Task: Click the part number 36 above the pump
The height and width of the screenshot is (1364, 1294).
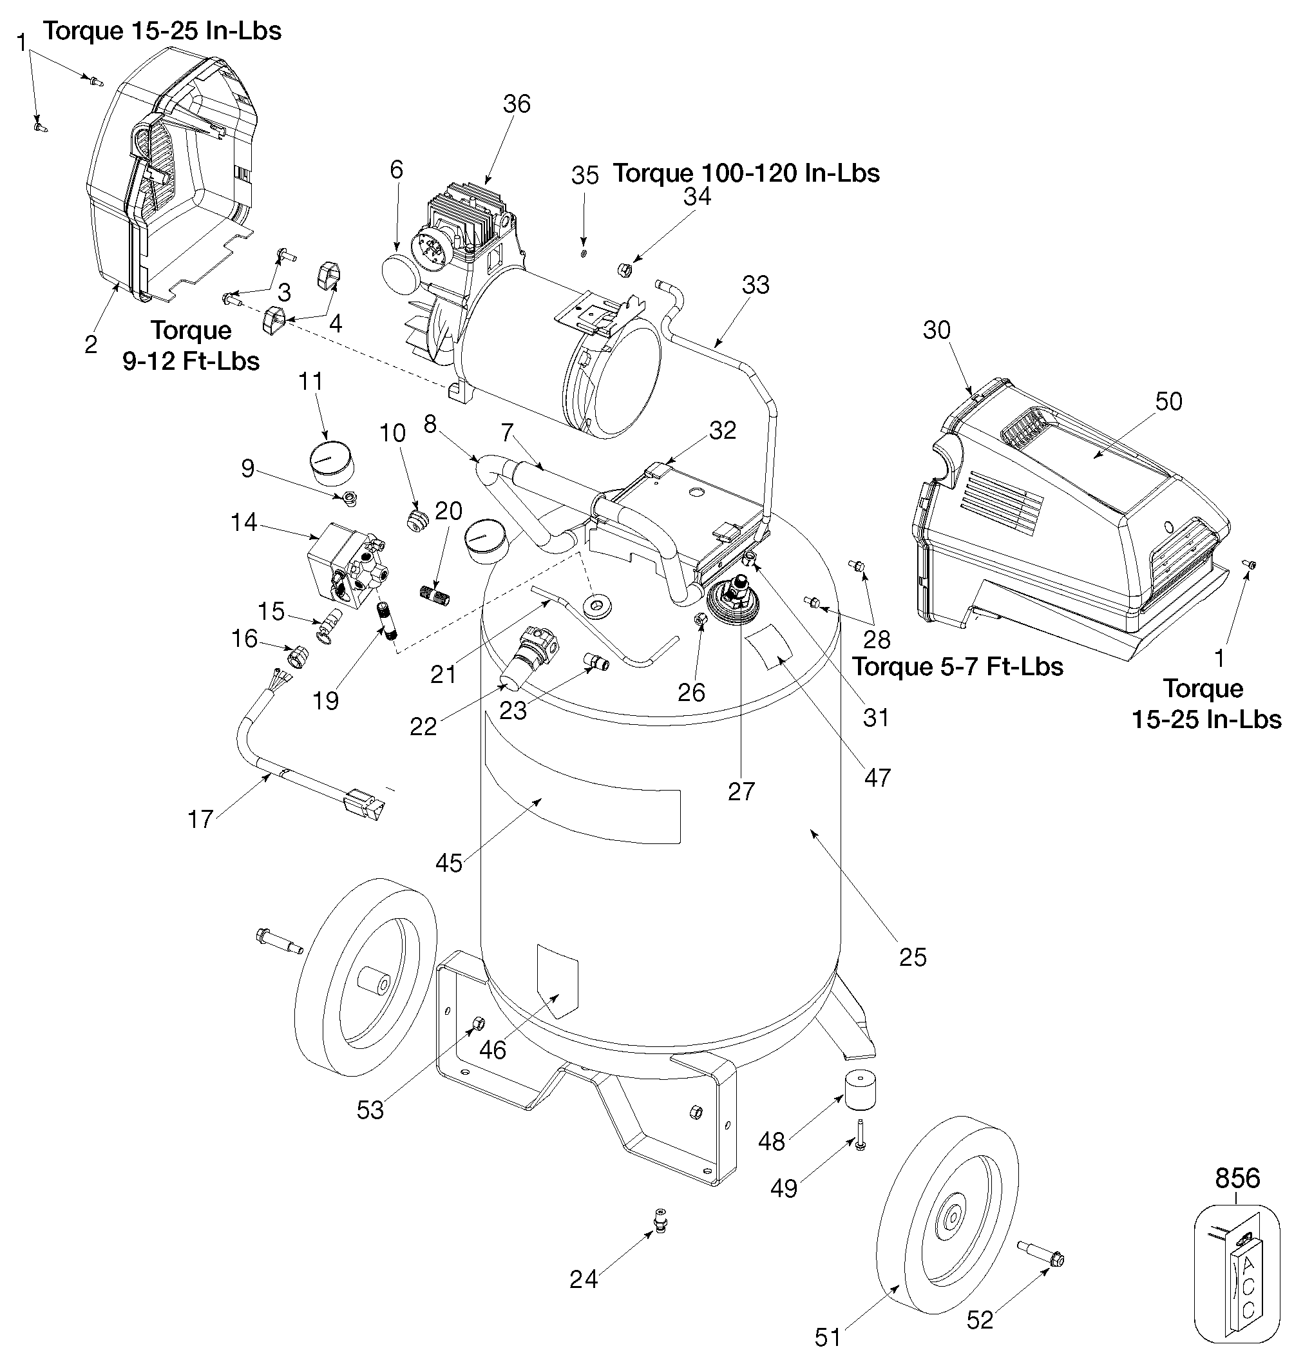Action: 517,104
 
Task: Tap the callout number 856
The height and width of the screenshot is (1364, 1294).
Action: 1237,1178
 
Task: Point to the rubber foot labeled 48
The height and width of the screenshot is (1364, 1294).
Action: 860,1091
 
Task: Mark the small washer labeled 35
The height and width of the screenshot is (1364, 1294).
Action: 584,253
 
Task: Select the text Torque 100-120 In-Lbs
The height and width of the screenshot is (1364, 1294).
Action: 747,173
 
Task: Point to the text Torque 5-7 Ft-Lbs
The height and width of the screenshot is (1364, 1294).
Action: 957,666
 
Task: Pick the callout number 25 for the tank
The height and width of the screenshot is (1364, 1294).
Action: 913,957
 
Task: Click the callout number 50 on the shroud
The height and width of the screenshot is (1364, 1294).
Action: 1168,401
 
